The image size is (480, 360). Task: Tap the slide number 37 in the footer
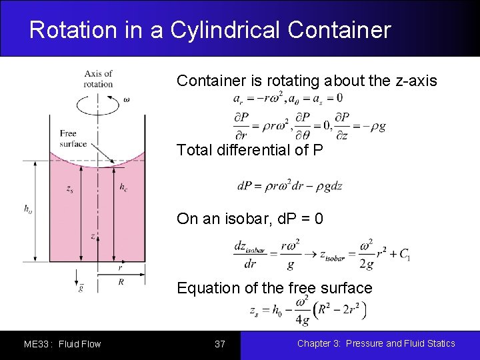point(220,344)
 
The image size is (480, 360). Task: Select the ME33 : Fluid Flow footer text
point(62,344)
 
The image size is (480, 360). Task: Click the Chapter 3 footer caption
point(376,343)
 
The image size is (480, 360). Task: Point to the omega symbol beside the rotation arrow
point(127,101)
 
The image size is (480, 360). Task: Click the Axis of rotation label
point(99,79)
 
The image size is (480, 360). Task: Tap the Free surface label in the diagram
point(73,139)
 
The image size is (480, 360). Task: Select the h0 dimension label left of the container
point(28,209)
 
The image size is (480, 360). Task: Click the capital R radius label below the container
point(121,282)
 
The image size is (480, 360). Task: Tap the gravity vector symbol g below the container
point(81,287)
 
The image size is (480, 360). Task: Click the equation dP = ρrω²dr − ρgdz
point(289,186)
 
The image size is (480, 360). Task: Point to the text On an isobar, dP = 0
point(250,219)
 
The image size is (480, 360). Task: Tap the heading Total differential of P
point(250,150)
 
